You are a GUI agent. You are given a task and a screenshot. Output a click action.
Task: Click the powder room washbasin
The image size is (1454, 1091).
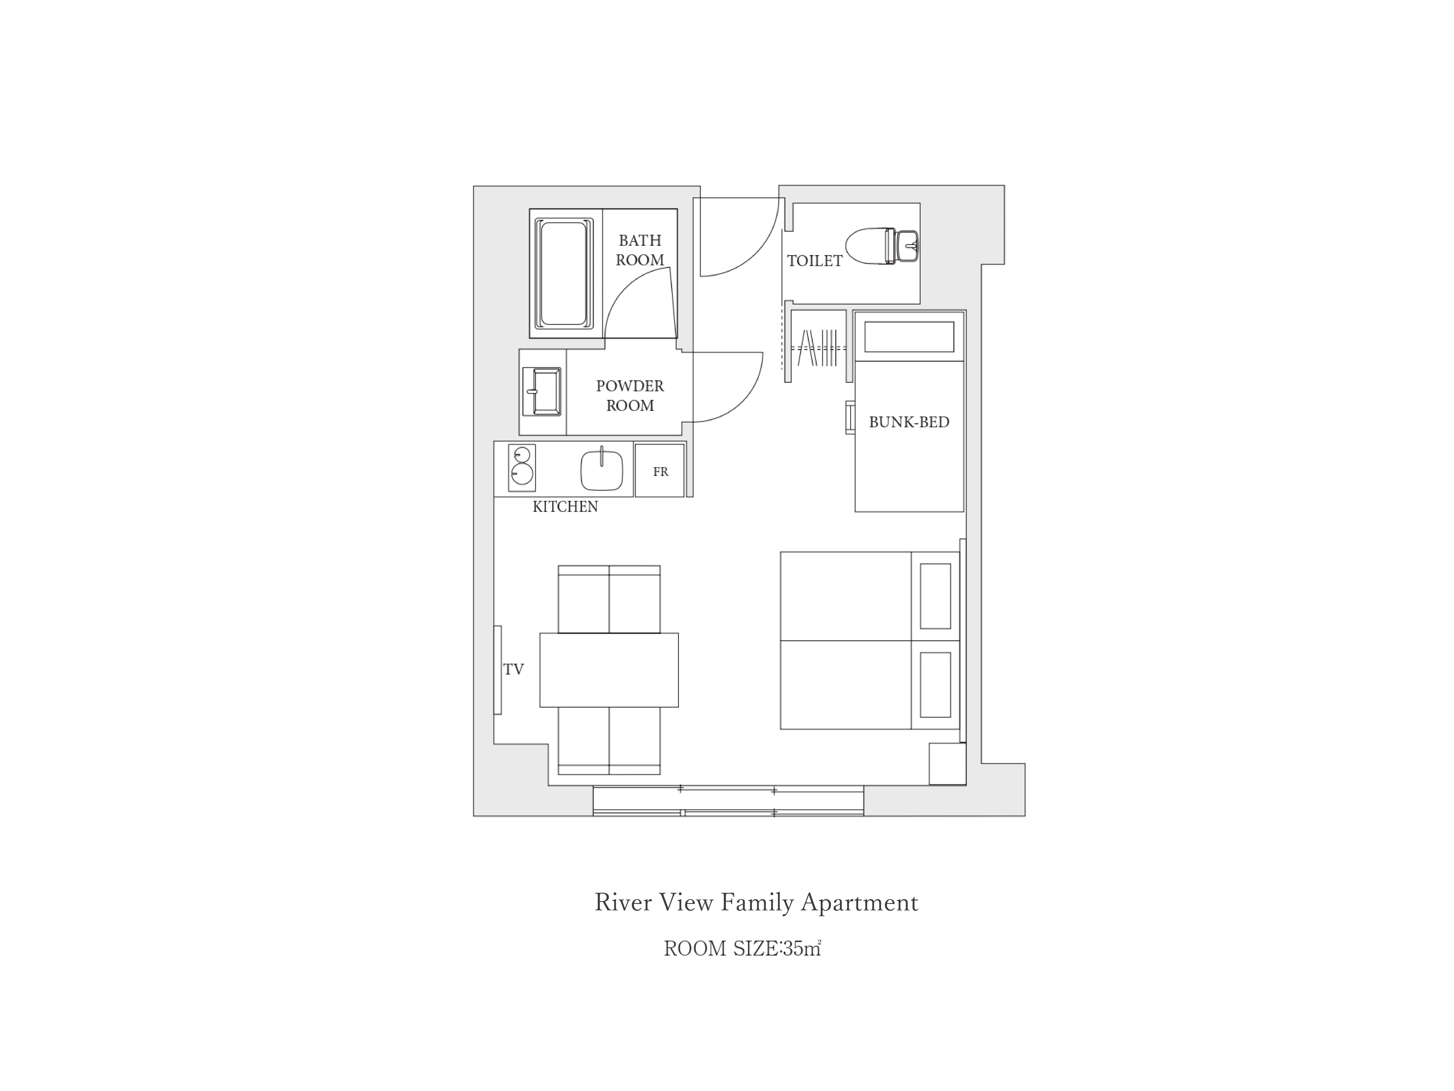542,392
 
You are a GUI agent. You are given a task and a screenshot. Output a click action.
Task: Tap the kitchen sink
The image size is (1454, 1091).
601,469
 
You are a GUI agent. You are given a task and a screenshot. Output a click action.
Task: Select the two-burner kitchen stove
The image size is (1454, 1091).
522,468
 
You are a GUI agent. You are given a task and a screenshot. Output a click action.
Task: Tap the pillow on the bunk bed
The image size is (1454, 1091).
909,337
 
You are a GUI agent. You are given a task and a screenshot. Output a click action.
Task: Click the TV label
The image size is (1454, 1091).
513,670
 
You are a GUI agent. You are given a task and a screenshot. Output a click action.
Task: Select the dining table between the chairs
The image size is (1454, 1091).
609,670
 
